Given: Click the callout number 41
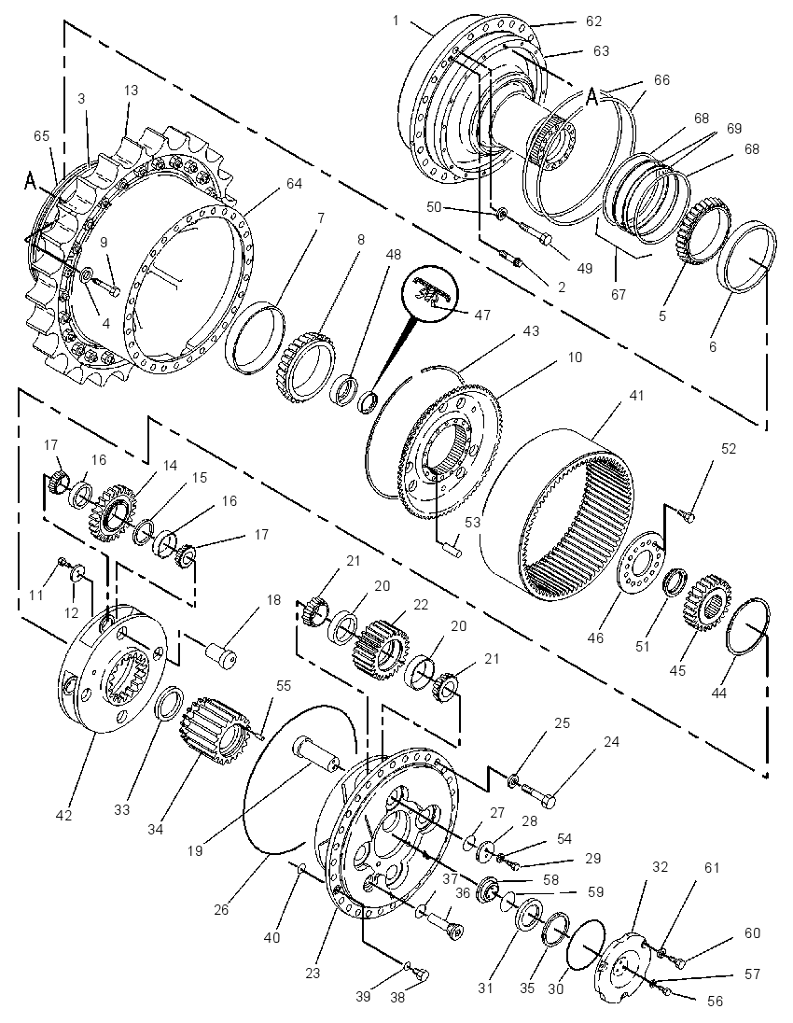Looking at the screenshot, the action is (636, 395).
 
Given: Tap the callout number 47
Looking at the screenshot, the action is (482, 315).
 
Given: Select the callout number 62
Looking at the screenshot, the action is (593, 21).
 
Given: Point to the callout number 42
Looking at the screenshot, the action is (64, 815).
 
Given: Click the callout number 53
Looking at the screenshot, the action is (472, 522).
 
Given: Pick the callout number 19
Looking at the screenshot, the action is (195, 850).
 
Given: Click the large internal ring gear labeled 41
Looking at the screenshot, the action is (558, 508).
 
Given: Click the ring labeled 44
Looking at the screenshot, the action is (748, 624).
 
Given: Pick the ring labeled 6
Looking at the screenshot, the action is (747, 258).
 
